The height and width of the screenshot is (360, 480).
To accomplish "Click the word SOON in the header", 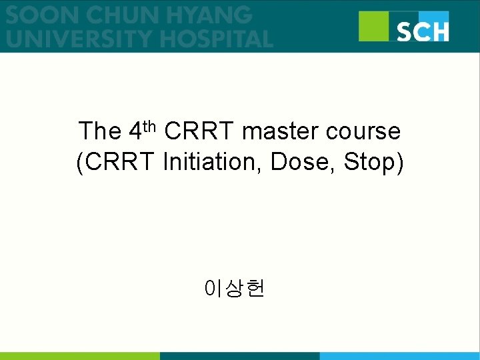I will click(37, 14).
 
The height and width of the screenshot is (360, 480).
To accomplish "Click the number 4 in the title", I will click(134, 131).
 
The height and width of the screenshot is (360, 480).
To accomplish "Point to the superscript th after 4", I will click(149, 125).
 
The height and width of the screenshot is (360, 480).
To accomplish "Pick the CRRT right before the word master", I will click(199, 131).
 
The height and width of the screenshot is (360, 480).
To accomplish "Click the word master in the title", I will click(281, 132).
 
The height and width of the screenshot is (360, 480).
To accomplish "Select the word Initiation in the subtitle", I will click(213, 163).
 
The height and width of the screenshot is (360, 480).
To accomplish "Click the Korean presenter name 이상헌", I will click(236, 289).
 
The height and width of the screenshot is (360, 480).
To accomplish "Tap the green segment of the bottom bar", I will click(80, 356).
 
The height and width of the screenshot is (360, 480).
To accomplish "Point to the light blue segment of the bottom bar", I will click(400, 356).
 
